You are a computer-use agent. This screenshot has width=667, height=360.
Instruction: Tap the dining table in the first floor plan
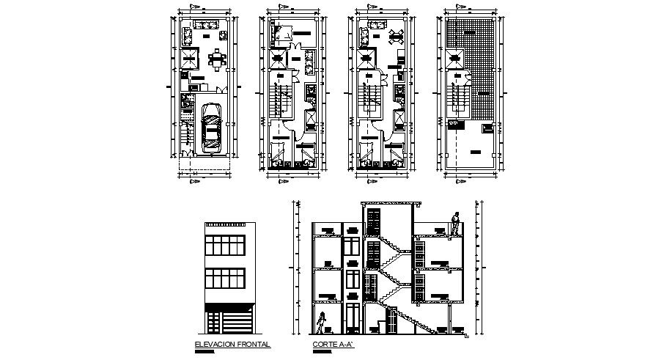tap(216, 59)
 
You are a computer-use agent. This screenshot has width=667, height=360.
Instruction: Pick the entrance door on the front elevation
tap(214, 325)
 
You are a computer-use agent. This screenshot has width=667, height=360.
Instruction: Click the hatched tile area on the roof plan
tap(475, 66)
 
